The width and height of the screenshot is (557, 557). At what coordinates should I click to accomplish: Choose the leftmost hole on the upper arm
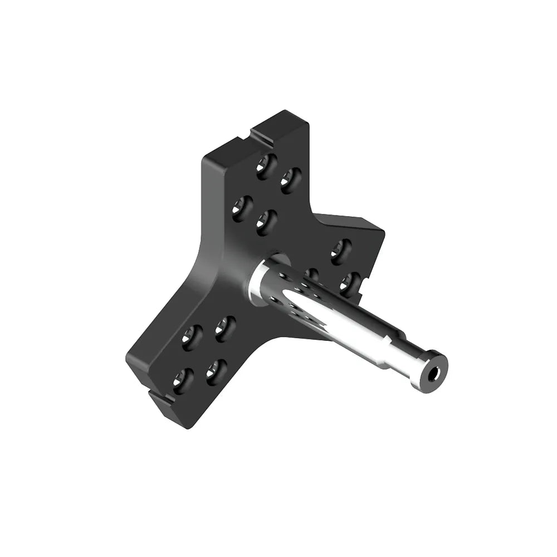click(242, 207)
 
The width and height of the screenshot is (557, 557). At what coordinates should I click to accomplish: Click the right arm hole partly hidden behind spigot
click(312, 274)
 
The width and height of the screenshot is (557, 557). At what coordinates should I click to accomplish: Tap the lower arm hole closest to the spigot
click(225, 328)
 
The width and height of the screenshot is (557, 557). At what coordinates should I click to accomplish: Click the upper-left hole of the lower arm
click(192, 338)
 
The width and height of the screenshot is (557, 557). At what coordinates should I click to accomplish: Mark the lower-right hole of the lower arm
click(216, 369)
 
